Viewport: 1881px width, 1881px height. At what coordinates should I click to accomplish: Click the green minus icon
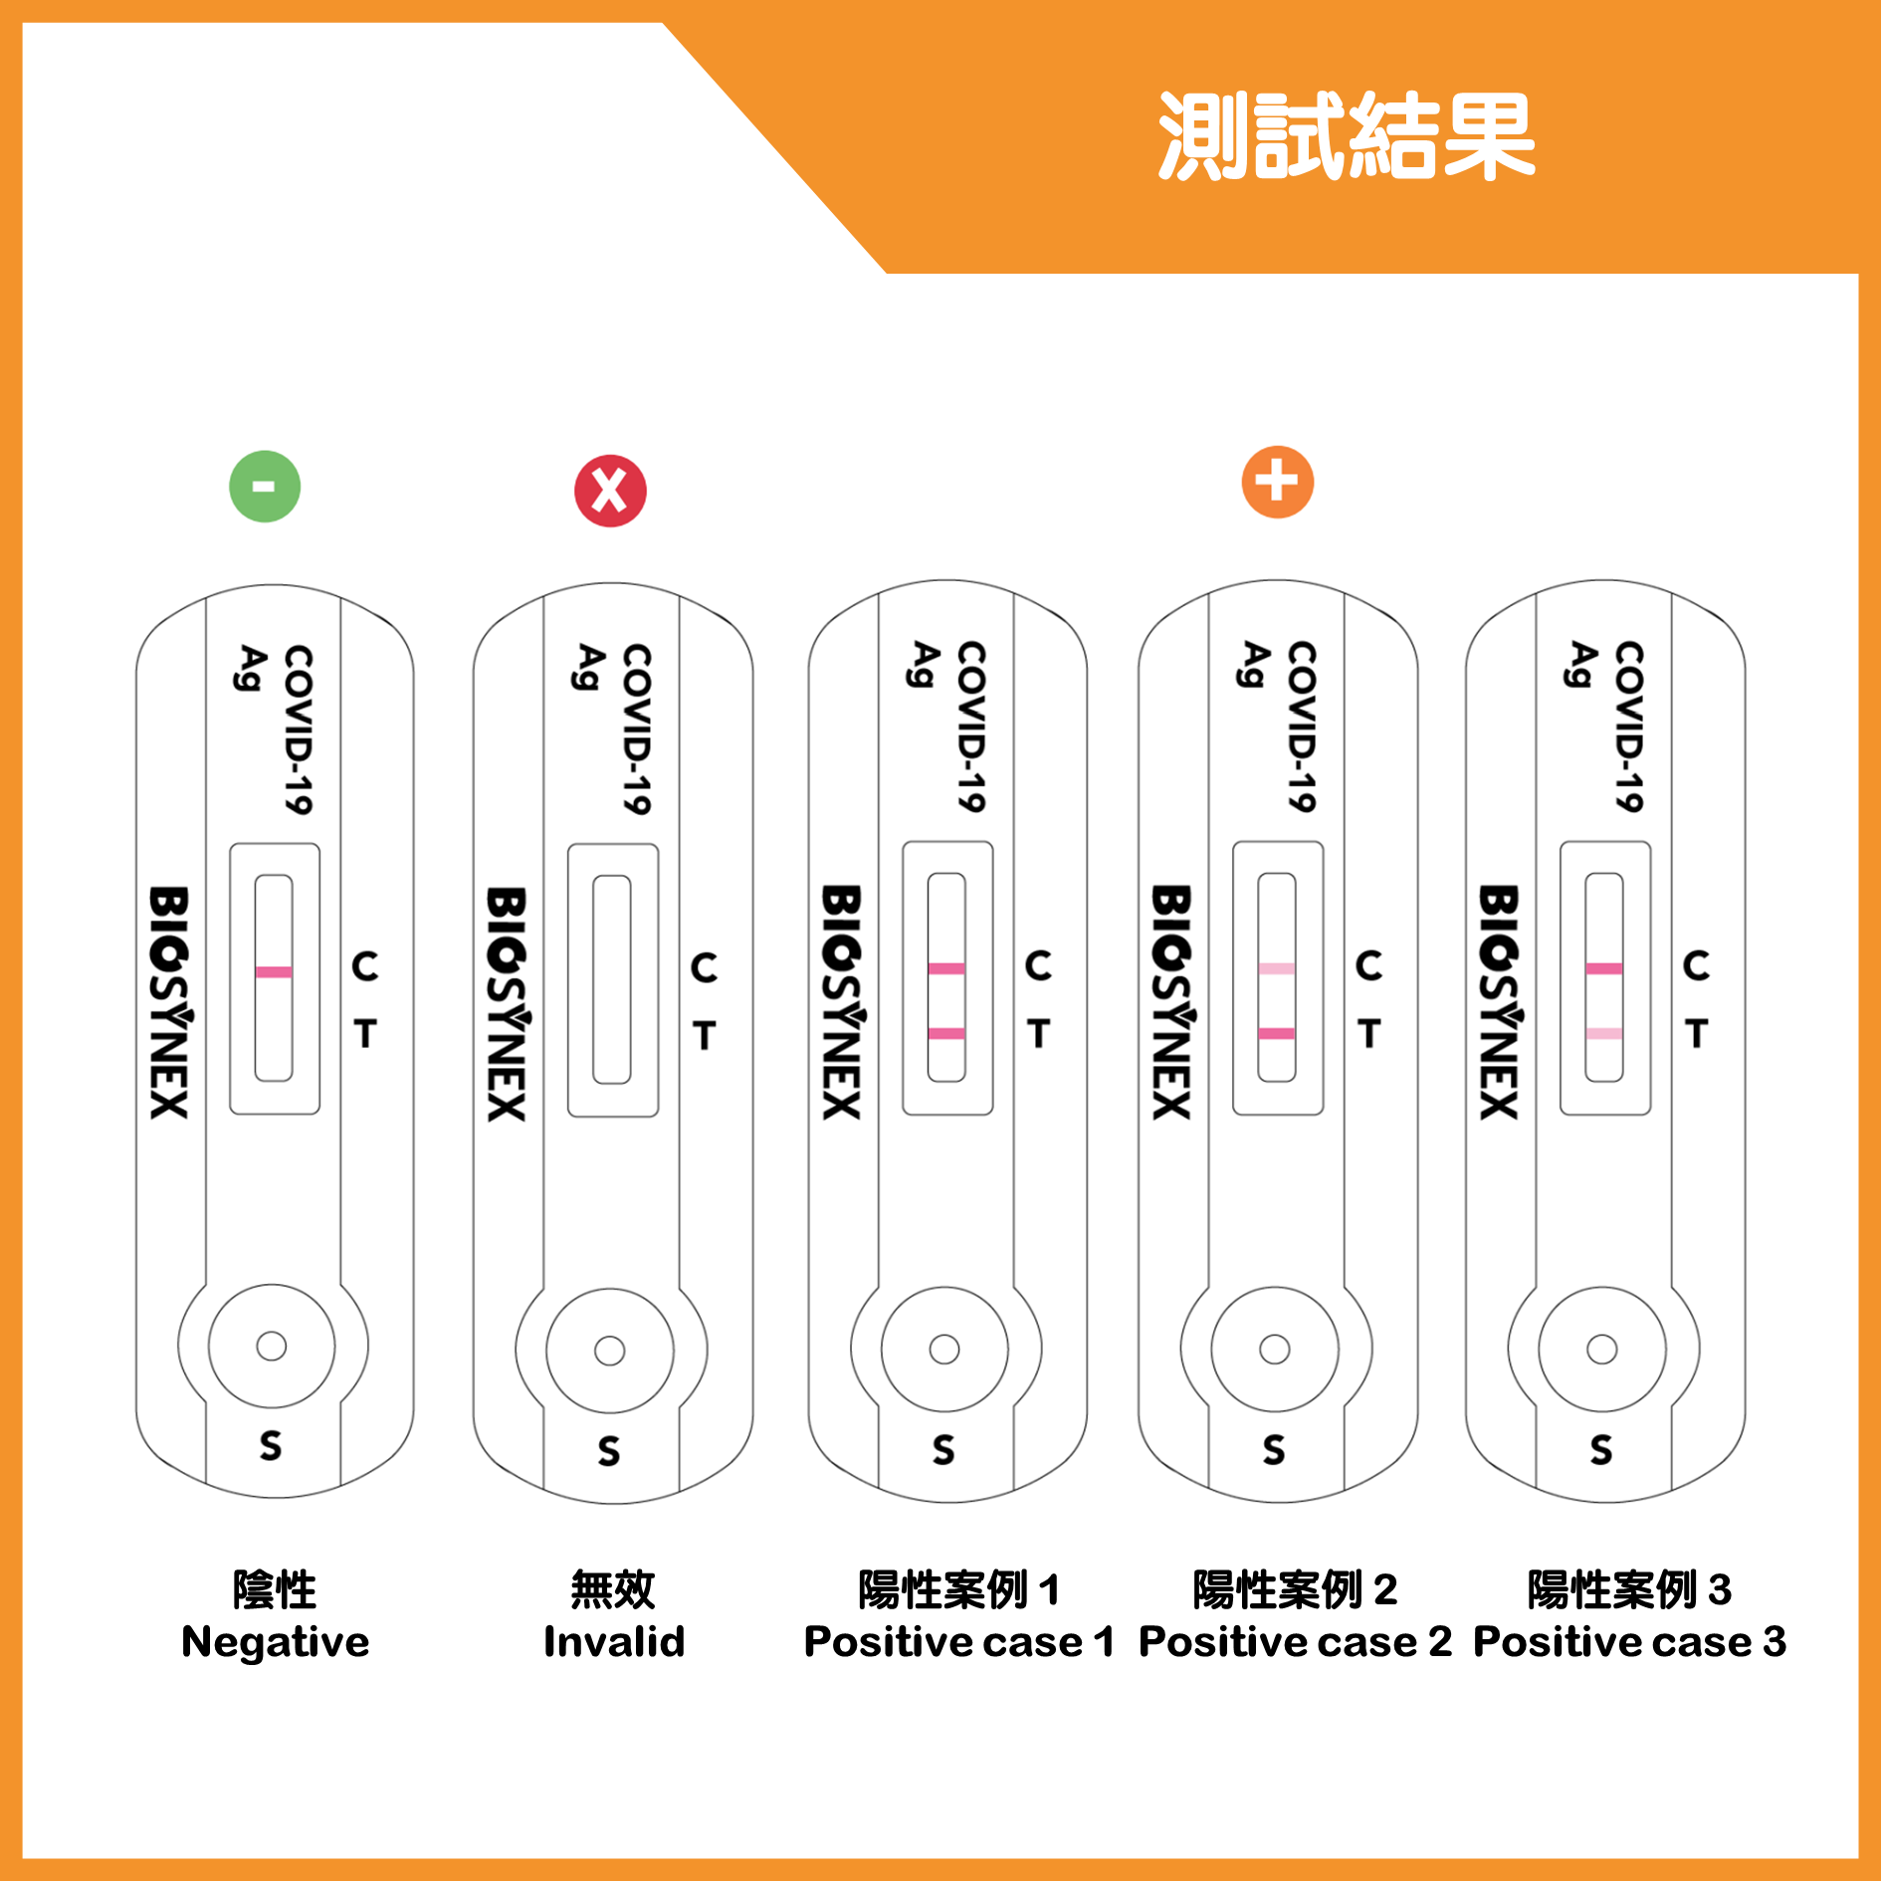tap(265, 487)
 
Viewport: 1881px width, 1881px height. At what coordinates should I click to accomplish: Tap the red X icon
tap(610, 491)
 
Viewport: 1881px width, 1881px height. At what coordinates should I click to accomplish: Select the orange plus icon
tap(1278, 483)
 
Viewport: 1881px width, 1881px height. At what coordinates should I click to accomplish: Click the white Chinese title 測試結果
tap(1347, 136)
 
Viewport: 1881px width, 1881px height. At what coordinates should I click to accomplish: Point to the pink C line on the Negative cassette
tap(274, 971)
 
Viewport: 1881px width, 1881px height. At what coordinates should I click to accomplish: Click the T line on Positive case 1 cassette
tap(946, 1033)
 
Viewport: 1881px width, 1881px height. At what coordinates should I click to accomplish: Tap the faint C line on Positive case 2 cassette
tap(1277, 968)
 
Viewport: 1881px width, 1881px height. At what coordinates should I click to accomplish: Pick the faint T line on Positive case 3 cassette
tap(1604, 1033)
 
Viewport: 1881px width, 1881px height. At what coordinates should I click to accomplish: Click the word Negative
tap(275, 1642)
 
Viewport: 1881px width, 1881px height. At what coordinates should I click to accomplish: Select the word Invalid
tap(614, 1642)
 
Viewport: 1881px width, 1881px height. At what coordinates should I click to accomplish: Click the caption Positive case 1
tap(959, 1642)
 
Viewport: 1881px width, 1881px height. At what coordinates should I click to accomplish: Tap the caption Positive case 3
tap(1630, 1642)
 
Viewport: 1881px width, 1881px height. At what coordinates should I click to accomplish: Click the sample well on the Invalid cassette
tap(610, 1351)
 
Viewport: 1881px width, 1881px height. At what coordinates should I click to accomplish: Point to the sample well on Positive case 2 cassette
tap(1275, 1349)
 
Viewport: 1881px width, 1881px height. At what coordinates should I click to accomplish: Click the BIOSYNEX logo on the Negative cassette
tap(170, 1002)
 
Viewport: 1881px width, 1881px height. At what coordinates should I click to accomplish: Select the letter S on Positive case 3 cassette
tap(1601, 1449)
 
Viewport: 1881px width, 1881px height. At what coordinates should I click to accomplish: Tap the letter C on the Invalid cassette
tap(704, 967)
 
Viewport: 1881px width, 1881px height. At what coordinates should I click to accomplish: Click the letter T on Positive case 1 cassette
tap(1039, 1033)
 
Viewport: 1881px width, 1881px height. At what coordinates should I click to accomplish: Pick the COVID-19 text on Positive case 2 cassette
tap(1302, 727)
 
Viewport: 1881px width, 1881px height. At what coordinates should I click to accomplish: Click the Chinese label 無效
tap(613, 1589)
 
